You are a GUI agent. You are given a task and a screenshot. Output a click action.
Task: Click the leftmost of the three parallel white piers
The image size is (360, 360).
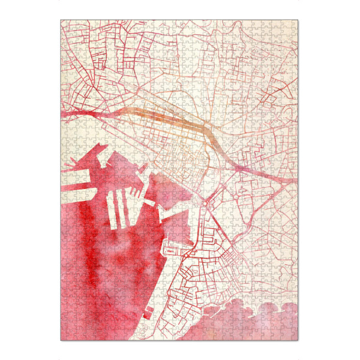[112, 210]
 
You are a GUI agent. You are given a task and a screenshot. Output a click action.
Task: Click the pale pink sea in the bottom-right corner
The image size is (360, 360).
[270, 324]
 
